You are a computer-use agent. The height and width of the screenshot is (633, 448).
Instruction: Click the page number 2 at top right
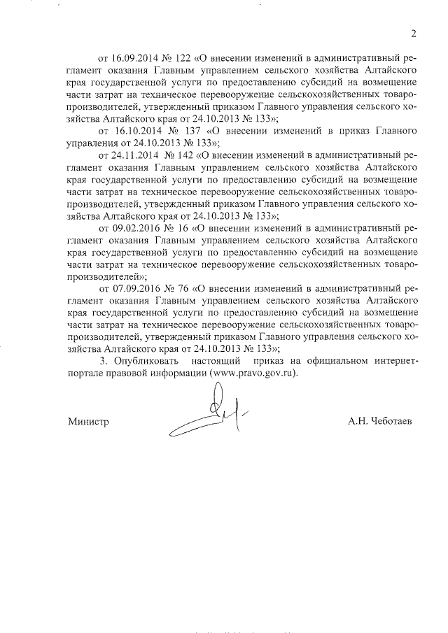click(x=413, y=33)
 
